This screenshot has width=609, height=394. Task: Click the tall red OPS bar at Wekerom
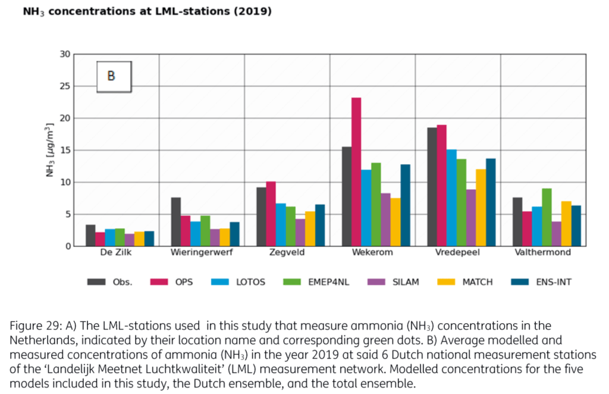pos(356,172)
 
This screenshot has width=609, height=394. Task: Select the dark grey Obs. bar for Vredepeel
pos(432,187)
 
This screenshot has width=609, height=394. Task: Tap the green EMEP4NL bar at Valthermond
pos(547,217)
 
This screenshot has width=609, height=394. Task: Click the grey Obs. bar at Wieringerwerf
pos(175,222)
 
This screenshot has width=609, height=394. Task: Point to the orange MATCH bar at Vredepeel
pos(481,208)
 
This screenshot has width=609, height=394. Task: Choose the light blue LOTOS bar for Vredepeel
pos(451,198)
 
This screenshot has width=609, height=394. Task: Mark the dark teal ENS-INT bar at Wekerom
pos(405,205)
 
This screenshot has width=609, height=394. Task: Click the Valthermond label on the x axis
pos(543,252)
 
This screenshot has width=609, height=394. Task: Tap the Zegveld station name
pos(286,252)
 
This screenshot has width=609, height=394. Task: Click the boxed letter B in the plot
pos(111,76)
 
